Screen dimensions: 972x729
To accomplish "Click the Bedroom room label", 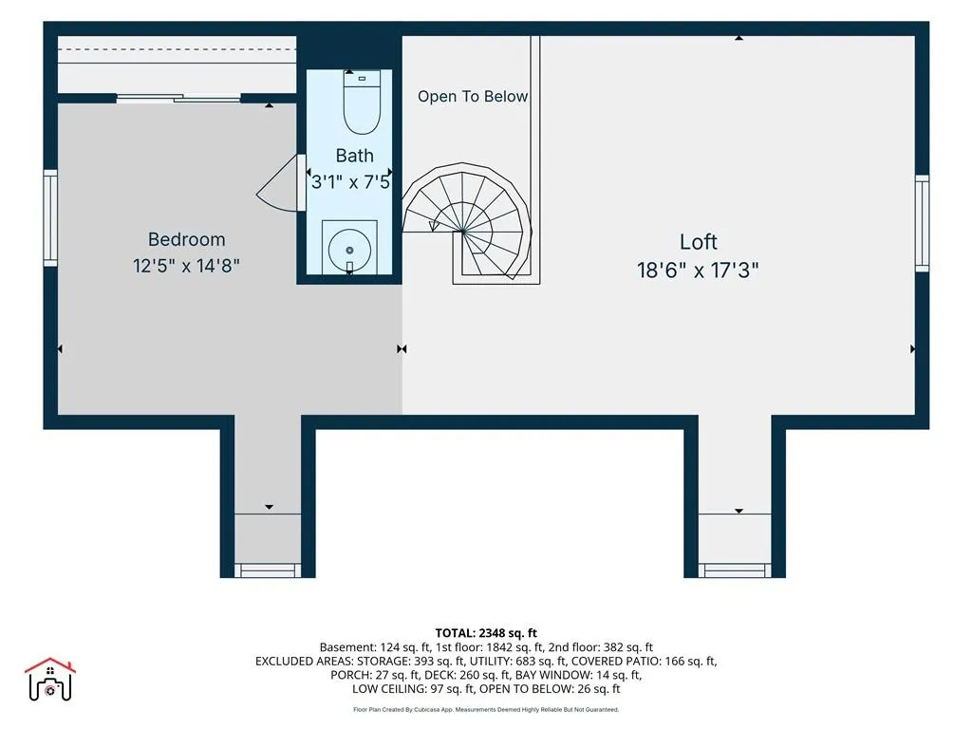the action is pyautogui.click(x=187, y=239).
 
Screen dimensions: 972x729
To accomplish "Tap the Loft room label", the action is pyautogui.click(x=698, y=242).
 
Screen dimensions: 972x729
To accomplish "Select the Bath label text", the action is pyautogui.click(x=355, y=156).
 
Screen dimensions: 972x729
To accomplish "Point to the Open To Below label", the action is pyautogui.click(x=473, y=97).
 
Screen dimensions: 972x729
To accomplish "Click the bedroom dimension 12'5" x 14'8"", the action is pyautogui.click(x=186, y=266).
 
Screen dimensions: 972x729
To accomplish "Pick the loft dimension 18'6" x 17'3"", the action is pyautogui.click(x=698, y=271).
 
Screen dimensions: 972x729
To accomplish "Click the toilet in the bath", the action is pyautogui.click(x=362, y=103).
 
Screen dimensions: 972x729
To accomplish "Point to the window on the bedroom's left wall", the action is pyautogui.click(x=50, y=217).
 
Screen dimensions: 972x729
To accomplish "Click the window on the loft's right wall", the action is pyautogui.click(x=923, y=223).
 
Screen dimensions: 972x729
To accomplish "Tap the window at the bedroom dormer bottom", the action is pyautogui.click(x=268, y=570).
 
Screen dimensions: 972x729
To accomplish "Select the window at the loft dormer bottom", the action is pyautogui.click(x=736, y=570).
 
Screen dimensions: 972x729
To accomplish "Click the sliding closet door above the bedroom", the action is pyautogui.click(x=178, y=98).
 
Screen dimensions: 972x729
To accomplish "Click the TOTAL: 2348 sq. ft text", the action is pyautogui.click(x=486, y=633).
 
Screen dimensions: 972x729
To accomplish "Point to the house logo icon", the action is pyautogui.click(x=50, y=680).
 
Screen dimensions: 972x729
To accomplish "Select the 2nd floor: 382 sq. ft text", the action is pyautogui.click(x=601, y=647).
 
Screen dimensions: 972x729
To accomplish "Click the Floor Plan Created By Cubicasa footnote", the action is pyautogui.click(x=486, y=710).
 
